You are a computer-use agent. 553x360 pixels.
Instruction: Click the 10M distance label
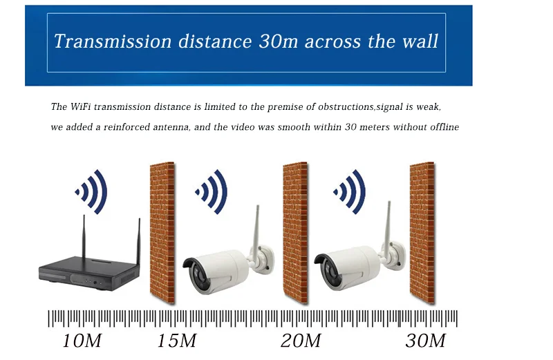82,341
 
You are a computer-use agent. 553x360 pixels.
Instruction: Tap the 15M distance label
177,341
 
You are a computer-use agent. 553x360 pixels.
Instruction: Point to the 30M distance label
425,341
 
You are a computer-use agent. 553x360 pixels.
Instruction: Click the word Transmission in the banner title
102,41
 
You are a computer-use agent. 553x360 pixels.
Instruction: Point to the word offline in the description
442,127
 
